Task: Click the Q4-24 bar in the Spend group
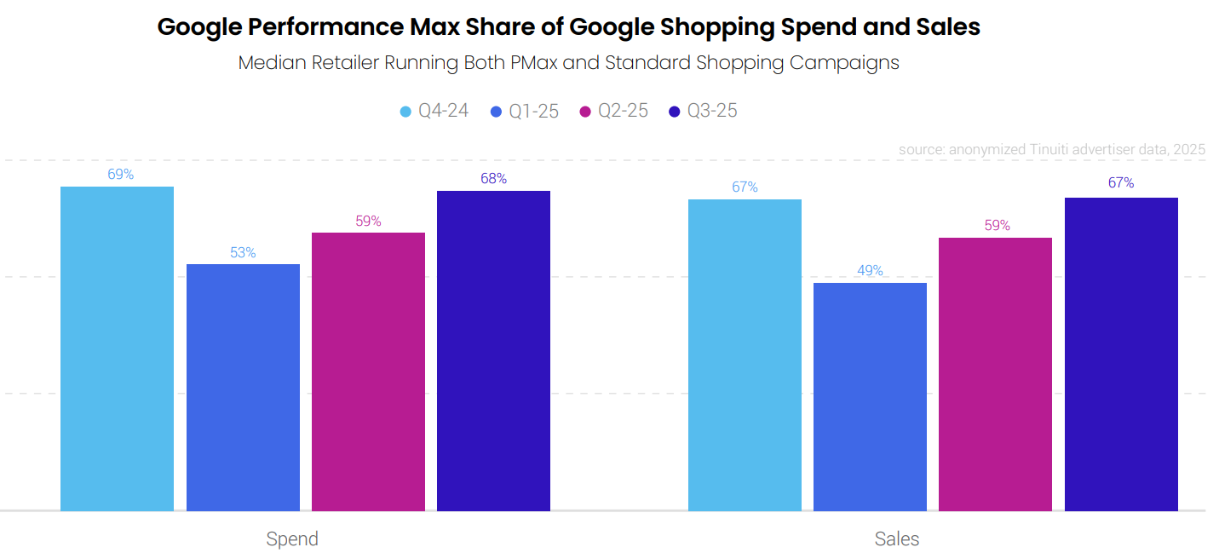tap(117, 349)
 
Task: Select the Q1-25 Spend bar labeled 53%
tap(243, 388)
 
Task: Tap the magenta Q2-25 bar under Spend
tap(368, 372)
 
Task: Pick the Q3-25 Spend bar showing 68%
tap(493, 350)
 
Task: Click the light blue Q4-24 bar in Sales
tap(745, 354)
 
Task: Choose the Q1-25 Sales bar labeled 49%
tap(870, 396)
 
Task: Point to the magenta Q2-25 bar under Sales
tap(995, 374)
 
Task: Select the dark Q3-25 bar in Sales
tap(1121, 354)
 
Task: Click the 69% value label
tap(120, 174)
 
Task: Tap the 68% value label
tap(493, 178)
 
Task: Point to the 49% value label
tap(870, 270)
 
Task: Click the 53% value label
tap(243, 252)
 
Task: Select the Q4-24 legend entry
tap(434, 111)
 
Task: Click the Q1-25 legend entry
tap(525, 111)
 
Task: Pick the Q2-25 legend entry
tap(614, 111)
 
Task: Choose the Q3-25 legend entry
tap(704, 111)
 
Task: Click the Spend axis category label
tap(292, 539)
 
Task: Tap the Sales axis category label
tap(897, 539)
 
